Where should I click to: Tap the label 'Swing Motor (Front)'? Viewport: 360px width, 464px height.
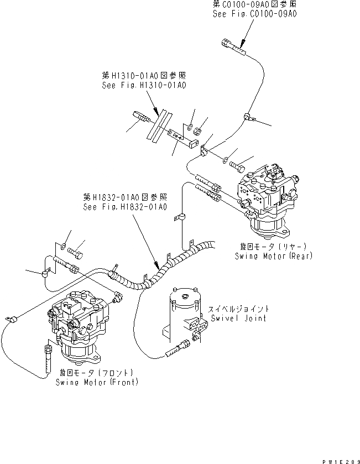[96, 382]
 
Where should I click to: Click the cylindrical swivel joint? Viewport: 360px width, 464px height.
[184, 315]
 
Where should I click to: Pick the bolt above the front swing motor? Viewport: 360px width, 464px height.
[76, 253]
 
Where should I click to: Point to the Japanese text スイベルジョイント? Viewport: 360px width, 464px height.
[238, 309]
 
